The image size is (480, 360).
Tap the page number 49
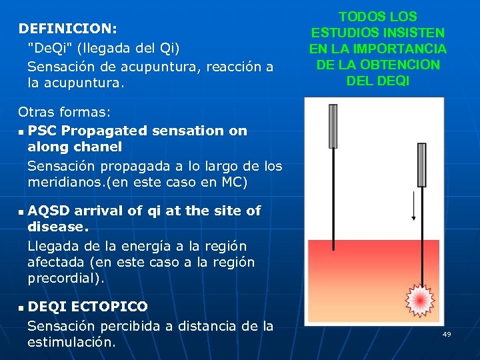(x=447, y=334)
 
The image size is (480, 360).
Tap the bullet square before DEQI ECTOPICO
(x=21, y=308)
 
